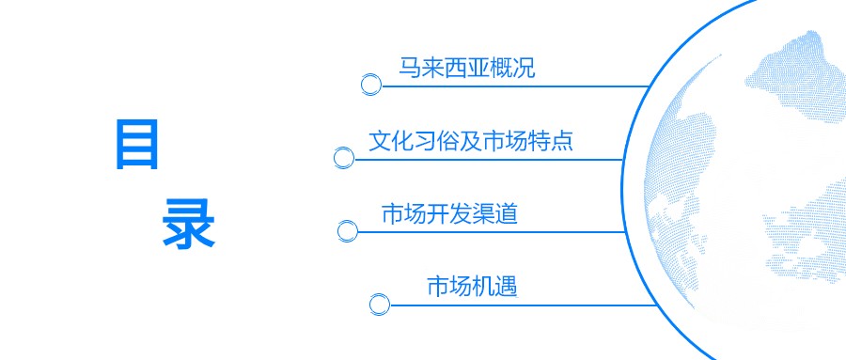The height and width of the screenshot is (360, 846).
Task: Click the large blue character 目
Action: coord(137,144)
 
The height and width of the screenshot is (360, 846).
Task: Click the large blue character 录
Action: coord(189,223)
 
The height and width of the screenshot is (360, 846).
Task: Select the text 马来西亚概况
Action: coord(466,68)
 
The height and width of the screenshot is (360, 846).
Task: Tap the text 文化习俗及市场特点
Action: coord(471,142)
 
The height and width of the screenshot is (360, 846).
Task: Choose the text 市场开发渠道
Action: coord(449,214)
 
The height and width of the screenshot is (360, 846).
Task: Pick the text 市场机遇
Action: coord(472,286)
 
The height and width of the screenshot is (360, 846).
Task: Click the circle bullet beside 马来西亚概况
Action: coord(371,85)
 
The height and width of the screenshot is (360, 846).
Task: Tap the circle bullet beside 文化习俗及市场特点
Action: coord(344,158)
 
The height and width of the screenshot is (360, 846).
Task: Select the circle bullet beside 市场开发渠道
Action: coord(348,230)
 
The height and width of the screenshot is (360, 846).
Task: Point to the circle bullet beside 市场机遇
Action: coord(379,304)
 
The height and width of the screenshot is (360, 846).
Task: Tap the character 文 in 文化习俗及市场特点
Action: coord(379,142)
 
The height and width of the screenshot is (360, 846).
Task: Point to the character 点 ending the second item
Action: coord(562,142)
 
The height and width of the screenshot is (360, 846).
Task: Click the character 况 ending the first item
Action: coord(524,68)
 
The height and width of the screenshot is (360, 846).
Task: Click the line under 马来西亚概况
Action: coord(517,86)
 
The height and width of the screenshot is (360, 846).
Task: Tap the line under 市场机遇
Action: coord(526,305)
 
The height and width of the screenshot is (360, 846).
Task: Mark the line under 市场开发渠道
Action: coord(489,231)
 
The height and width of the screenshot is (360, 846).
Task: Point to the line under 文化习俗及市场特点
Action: coord(489,159)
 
